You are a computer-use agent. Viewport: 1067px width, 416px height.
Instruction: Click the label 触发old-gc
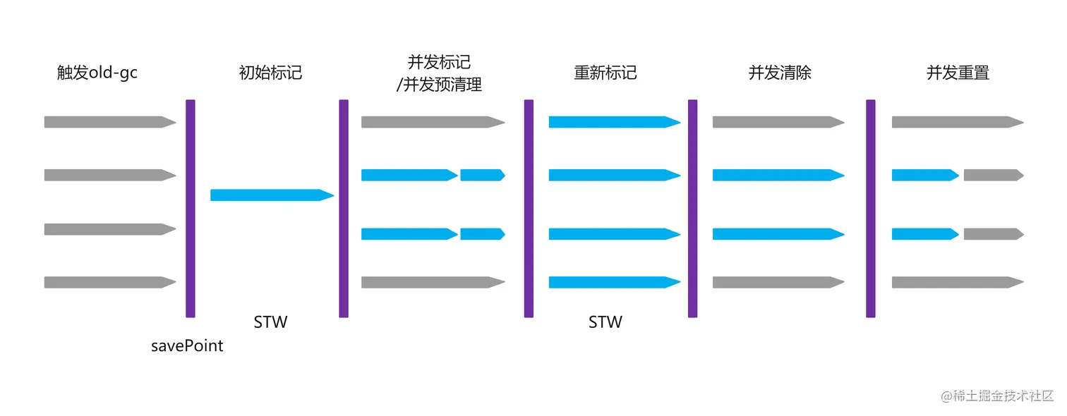pos(97,73)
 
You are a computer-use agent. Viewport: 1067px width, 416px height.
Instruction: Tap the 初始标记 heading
pos(271,73)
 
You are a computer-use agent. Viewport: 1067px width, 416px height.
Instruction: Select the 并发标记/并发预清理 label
pos(439,73)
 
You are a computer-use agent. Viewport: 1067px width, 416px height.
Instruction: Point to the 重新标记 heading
pos(605,73)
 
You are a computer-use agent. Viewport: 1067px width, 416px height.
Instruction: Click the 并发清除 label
pos(780,73)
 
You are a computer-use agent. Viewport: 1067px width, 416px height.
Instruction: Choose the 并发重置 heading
pos(958,73)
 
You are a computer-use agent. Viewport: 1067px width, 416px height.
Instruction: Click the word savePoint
pos(187,346)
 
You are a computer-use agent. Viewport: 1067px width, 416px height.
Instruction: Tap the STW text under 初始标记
pos(271,322)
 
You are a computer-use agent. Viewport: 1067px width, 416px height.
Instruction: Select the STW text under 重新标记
pos(605,322)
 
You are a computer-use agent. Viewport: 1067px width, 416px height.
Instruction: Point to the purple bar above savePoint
pos(190,208)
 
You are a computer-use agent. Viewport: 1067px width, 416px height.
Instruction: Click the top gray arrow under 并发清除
pos(778,122)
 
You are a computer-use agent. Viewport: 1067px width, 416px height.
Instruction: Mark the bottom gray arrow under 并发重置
pos(957,283)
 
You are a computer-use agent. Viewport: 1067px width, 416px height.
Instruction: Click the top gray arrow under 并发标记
pos(433,122)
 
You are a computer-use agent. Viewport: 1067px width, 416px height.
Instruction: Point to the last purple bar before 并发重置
pos(871,208)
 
